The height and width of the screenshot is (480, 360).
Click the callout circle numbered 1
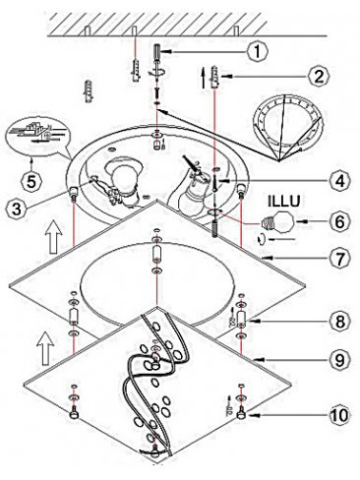[258, 51]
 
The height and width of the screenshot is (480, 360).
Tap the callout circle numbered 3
[17, 210]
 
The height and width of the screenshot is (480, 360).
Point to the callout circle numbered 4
[340, 181]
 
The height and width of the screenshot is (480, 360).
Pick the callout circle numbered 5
[31, 182]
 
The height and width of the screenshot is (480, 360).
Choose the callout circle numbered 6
[340, 221]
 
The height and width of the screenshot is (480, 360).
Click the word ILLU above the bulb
[284, 202]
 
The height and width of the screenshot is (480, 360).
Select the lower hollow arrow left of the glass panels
[45, 347]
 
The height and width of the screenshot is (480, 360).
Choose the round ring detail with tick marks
[289, 124]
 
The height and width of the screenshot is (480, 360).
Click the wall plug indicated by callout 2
[214, 77]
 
